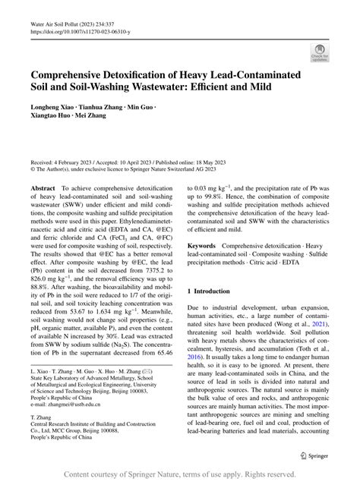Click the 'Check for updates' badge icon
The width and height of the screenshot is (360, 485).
pyautogui.click(x=318, y=52)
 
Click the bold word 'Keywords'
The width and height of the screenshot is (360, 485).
pyautogui.click(x=203, y=246)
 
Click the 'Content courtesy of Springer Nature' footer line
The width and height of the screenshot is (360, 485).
pyautogui.click(x=179, y=474)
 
